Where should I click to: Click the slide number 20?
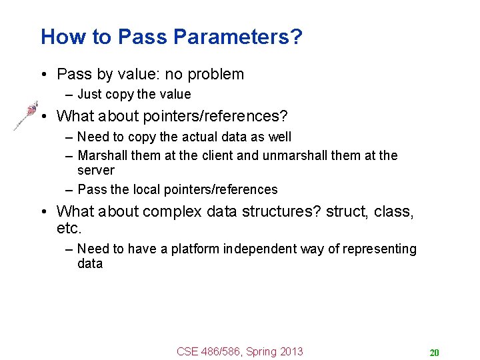click(x=435, y=353)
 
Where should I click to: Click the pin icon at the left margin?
click(x=26, y=115)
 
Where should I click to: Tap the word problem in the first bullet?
click(x=213, y=74)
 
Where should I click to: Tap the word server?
click(x=96, y=170)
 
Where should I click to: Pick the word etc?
click(x=69, y=229)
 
